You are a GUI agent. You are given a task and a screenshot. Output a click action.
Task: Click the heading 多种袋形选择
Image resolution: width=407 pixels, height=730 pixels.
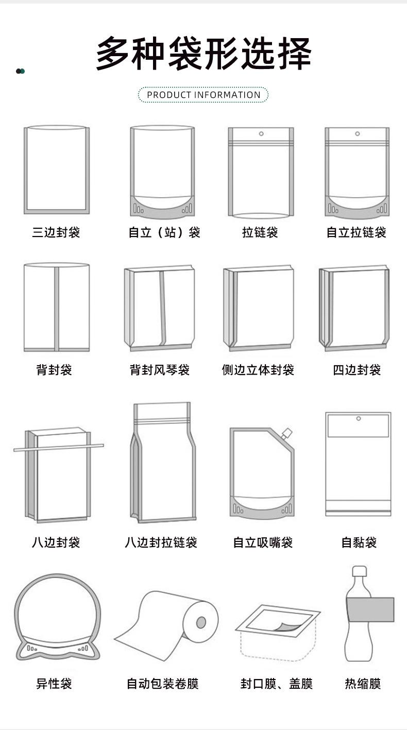pyautogui.click(x=204, y=53)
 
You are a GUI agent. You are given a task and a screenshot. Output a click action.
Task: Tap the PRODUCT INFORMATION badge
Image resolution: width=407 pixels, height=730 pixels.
pyautogui.click(x=203, y=95)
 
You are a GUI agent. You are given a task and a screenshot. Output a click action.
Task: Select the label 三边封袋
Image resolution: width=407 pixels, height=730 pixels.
pyautogui.click(x=56, y=232)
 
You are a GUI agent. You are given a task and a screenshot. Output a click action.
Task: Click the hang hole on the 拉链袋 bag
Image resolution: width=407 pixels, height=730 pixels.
pyautogui.click(x=261, y=134)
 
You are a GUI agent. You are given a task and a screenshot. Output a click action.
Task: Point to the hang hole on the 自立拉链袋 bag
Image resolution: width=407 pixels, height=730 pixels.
pyautogui.click(x=358, y=134)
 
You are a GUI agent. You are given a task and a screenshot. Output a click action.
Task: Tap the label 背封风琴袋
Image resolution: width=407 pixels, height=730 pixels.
pyautogui.click(x=160, y=370)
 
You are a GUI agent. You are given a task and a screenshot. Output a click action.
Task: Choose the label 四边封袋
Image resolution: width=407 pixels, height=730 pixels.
pyautogui.click(x=357, y=370)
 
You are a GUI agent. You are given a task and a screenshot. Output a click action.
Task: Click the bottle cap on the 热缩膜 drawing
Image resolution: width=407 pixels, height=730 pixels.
pyautogui.click(x=359, y=571)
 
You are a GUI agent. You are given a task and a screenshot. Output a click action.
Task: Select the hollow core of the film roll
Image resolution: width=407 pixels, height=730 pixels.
pyautogui.click(x=201, y=622)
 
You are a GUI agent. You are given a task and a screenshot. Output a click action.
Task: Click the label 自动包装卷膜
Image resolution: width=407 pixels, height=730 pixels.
pyautogui.click(x=162, y=684)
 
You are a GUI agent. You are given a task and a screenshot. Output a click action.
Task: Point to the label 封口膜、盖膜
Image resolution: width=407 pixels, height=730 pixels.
pyautogui.click(x=276, y=684)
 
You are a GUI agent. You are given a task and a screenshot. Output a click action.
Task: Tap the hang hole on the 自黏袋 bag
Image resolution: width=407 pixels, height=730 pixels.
pyautogui.click(x=359, y=418)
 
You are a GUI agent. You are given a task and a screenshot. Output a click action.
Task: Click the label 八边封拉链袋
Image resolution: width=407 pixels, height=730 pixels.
pyautogui.click(x=161, y=542)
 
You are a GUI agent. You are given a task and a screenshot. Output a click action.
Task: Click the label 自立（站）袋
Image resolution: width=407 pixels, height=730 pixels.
pyautogui.click(x=164, y=232)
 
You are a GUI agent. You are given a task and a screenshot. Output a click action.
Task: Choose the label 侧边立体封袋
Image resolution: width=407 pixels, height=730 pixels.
pyautogui.click(x=258, y=370)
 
